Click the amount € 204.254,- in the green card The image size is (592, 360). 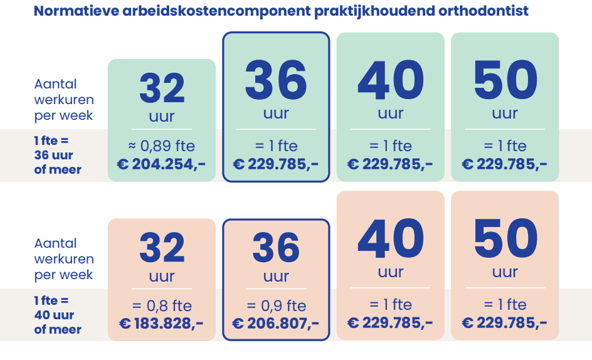click(162, 164)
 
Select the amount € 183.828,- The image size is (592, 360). click(162, 323)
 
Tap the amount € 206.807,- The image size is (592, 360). click(276, 323)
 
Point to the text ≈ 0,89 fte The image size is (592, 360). click(162, 146)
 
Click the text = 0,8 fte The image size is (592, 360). click(162, 306)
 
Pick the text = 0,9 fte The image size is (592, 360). click(276, 306)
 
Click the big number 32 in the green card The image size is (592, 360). click(162, 88)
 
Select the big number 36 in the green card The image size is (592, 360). click(276, 81)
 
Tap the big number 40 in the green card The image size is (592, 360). click(391, 81)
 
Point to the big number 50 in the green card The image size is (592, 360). click(505, 81)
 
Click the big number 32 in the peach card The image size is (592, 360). click(162, 248)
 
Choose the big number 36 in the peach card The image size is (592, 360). click(276, 248)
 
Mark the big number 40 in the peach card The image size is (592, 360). click(391, 240)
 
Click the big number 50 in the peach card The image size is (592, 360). click(505, 240)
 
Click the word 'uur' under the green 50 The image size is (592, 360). click(505, 114)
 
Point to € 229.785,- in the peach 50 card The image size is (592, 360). click(505, 323)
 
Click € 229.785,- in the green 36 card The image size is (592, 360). click(276, 164)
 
